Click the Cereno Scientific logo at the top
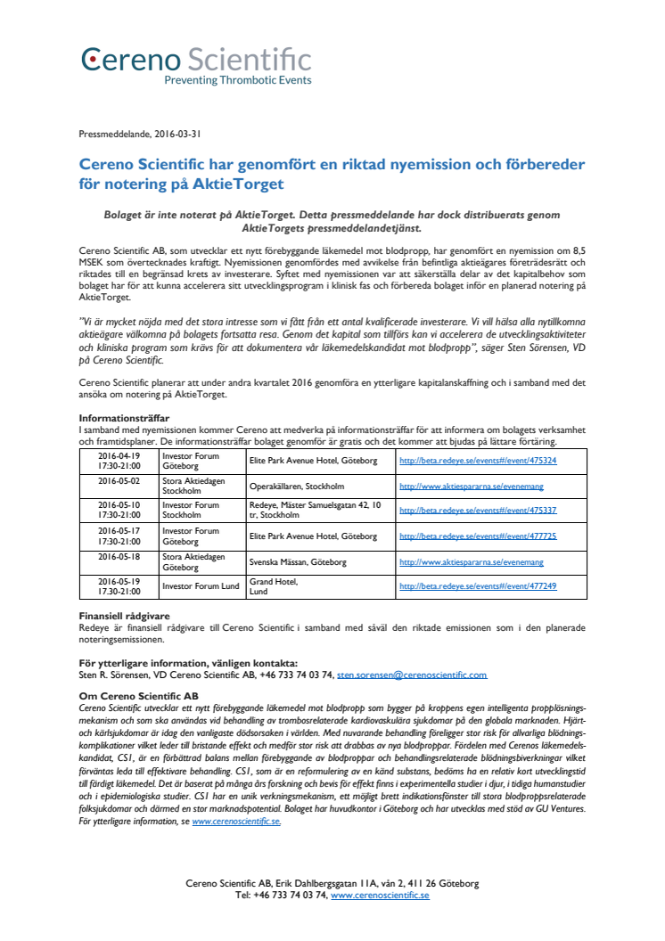coord(197,60)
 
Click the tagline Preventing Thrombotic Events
coord(237,80)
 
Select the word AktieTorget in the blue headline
coord(241,184)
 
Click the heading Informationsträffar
coord(124,417)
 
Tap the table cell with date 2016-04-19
coord(119,461)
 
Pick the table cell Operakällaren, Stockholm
coord(297,487)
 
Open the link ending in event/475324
coord(478,461)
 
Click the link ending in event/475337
coord(478,511)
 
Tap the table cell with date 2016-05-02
coord(119,480)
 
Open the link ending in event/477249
coord(478,586)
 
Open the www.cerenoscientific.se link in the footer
coord(380,896)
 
